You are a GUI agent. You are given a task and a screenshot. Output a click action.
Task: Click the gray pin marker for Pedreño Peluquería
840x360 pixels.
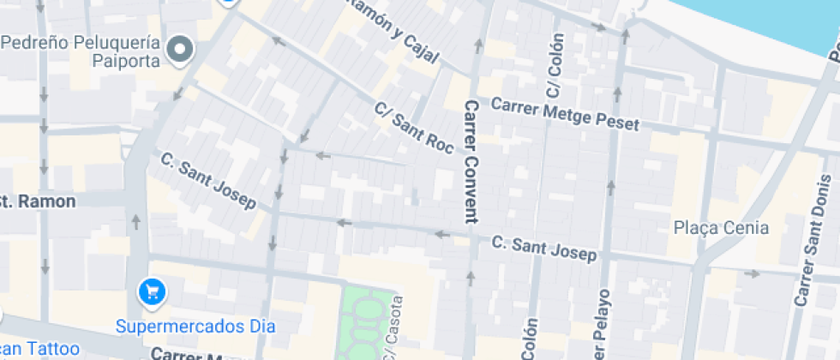180,50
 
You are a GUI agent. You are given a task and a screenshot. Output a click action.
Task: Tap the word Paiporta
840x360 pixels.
125,60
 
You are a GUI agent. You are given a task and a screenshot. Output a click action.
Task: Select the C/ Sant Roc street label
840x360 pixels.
413,129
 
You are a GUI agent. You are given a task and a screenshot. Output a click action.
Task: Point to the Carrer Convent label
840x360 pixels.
470,161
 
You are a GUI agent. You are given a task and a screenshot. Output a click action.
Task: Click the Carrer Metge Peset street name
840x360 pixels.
564,114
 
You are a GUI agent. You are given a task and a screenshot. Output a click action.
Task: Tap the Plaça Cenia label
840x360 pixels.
721,228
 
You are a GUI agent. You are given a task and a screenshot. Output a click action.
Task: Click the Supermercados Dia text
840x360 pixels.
195,327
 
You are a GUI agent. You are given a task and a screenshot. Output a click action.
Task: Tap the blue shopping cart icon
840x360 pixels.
152,292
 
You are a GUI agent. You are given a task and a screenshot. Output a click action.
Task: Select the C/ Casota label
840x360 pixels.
393,331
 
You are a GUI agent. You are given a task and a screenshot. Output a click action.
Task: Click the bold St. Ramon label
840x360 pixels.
38,201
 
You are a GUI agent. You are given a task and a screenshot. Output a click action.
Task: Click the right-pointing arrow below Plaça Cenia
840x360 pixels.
752,274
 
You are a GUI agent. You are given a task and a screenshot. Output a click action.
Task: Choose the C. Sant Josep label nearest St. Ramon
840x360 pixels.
208,181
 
